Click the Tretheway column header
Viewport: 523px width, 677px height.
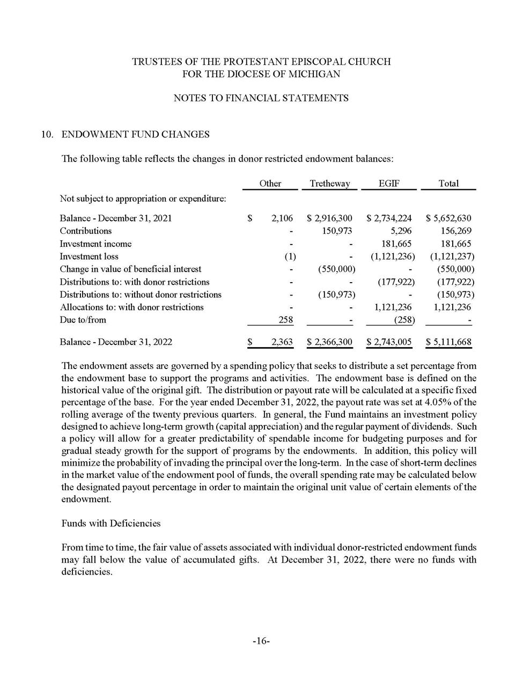point(329,183)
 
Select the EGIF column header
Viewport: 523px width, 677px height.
point(388,183)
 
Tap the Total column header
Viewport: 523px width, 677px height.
point(448,183)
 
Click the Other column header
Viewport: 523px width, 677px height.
point(270,183)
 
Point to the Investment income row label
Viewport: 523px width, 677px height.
point(95,244)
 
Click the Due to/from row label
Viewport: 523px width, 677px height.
point(83,320)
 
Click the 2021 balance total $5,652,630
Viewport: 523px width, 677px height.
point(449,218)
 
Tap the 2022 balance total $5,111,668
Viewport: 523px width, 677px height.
point(449,342)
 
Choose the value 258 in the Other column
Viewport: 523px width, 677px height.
point(285,320)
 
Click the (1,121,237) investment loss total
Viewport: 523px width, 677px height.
point(452,256)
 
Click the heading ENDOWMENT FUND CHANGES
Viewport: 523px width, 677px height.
point(136,134)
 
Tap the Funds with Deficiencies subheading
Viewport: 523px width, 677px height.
point(111,523)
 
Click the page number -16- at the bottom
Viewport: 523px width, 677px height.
point(261,641)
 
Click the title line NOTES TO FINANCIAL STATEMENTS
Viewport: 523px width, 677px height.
point(261,98)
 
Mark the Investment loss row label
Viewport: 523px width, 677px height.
point(89,256)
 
